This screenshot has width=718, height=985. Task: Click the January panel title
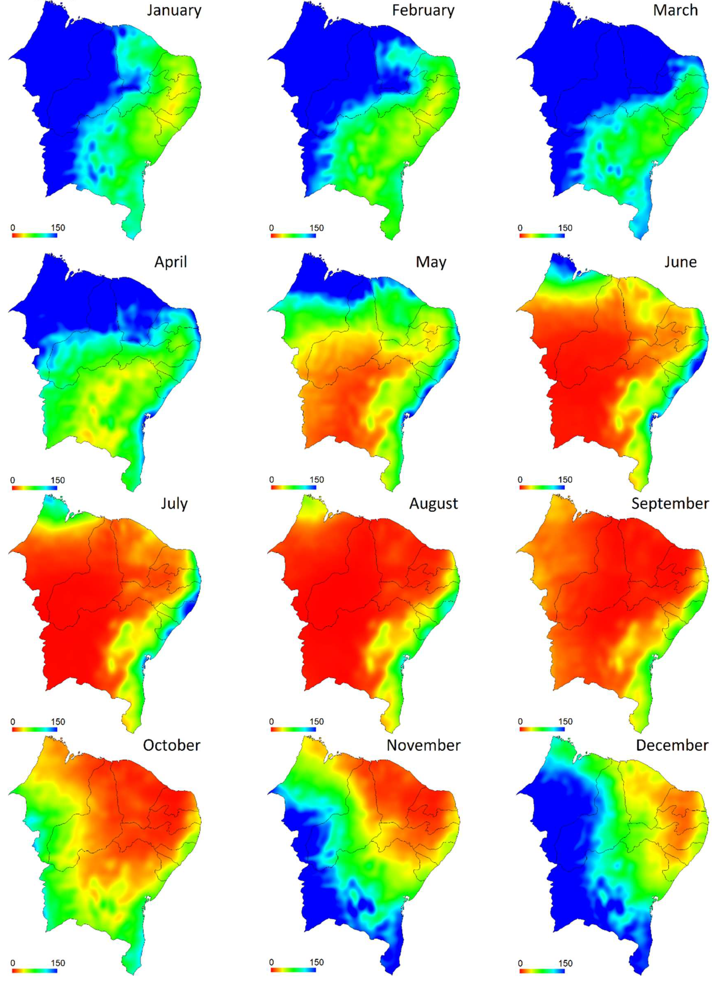(174, 10)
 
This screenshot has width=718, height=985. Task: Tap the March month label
(675, 10)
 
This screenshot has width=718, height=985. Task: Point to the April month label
(170, 262)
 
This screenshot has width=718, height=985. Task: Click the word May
(431, 262)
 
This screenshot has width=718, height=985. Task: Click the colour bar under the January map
(34, 236)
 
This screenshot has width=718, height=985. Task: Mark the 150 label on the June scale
(565, 480)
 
